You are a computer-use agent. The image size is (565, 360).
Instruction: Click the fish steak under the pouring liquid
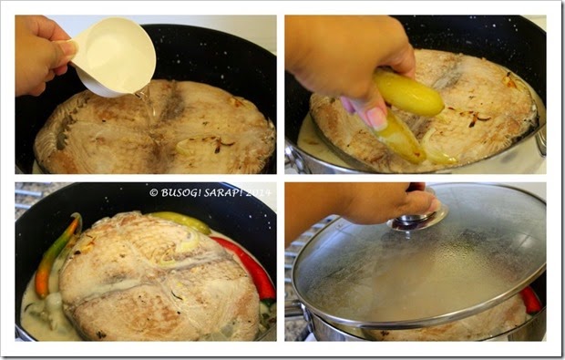pyautogui.click(x=155, y=129)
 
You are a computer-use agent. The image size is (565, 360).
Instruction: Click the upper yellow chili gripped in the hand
pyautogui.click(x=409, y=93)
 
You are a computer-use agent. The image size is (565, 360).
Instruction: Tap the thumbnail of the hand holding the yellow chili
pyautogui.click(x=376, y=118)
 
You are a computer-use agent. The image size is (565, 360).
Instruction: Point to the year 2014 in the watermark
pyautogui.click(x=258, y=193)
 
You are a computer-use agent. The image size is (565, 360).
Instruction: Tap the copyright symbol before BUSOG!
pyautogui.click(x=154, y=193)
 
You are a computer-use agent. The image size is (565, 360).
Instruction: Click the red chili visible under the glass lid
pyautogui.click(x=531, y=300)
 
